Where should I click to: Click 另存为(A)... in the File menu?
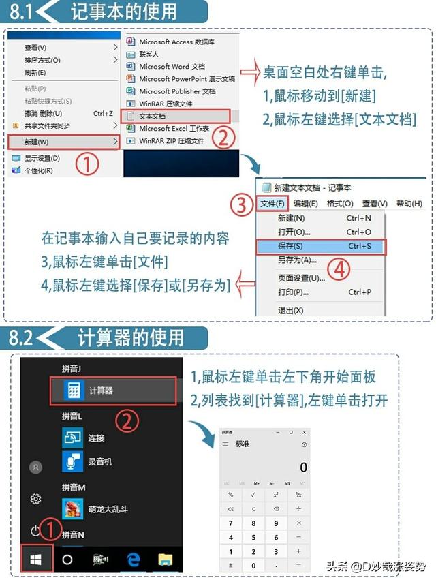(297, 260)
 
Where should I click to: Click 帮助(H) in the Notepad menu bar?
(409, 203)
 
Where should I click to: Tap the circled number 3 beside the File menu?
(241, 204)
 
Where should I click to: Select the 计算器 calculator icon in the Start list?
(72, 390)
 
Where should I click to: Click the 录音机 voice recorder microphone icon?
(72, 461)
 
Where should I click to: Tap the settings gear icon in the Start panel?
(36, 499)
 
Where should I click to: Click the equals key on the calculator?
(298, 565)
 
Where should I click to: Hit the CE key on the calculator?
(231, 509)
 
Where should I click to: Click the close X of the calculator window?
(303, 432)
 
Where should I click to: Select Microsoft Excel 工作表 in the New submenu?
(174, 129)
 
